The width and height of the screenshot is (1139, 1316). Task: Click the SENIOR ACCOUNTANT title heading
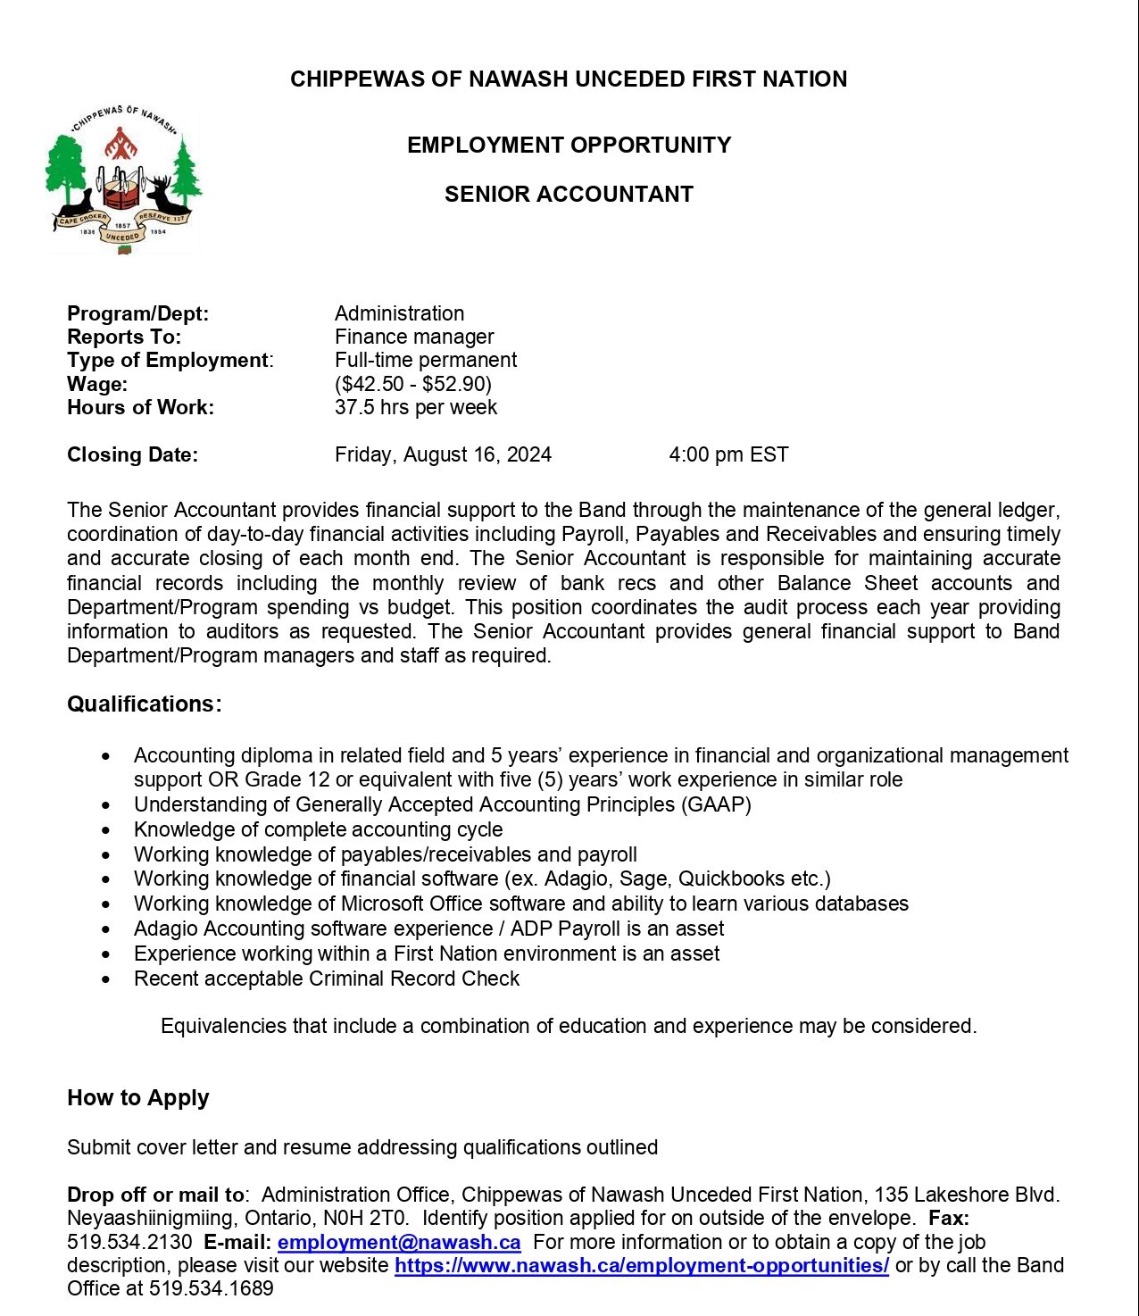coord(569,195)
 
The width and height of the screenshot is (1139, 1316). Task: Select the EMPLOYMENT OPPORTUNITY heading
coord(569,146)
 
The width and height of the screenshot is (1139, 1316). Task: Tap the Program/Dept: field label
coord(137,313)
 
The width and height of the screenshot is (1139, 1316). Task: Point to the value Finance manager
coord(414,337)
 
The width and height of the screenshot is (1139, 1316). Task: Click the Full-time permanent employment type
coord(426,360)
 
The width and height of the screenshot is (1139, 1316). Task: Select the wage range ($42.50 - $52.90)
coord(413,384)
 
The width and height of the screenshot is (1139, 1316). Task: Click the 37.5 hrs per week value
coord(416,407)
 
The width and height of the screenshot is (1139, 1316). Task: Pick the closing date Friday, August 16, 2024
coord(443,454)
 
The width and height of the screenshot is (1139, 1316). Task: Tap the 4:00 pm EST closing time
coord(728,454)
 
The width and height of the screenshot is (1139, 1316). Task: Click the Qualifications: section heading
coord(145,704)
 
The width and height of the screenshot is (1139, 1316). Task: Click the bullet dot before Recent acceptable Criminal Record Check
coord(107,979)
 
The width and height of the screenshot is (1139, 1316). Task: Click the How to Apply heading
coord(138,1098)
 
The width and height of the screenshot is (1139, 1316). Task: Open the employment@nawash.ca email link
coord(399,1242)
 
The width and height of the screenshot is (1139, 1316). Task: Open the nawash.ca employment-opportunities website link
coord(642,1265)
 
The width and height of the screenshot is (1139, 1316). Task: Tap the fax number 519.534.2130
coord(129,1242)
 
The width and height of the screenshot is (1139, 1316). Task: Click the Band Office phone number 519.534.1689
coord(212,1288)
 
